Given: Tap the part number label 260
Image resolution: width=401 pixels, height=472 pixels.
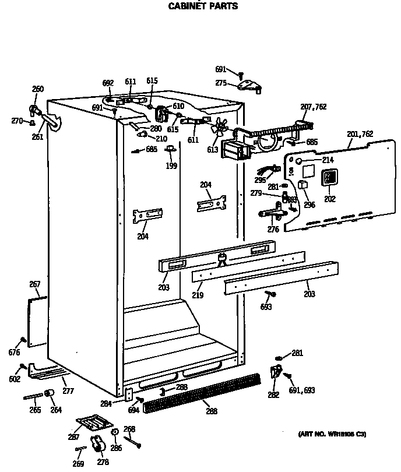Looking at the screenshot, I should [x=37, y=89].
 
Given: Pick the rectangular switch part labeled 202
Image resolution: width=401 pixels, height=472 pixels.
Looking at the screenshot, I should [x=330, y=177].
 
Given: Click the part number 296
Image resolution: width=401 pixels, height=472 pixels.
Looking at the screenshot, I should [x=309, y=205].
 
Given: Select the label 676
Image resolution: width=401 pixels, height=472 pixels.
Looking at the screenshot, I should [x=14, y=352].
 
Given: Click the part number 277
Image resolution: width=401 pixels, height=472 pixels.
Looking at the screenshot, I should [x=68, y=390].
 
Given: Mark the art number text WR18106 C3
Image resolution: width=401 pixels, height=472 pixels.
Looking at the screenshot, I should [x=333, y=435].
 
